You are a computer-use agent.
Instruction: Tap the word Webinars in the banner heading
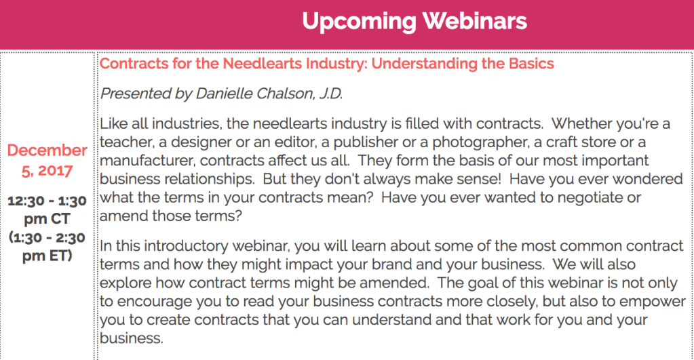(x=474, y=21)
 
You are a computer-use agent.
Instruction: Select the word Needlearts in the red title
(x=263, y=64)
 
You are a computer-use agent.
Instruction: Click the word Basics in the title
(x=531, y=64)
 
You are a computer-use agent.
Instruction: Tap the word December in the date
(x=47, y=151)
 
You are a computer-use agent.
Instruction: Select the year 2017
(x=55, y=171)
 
